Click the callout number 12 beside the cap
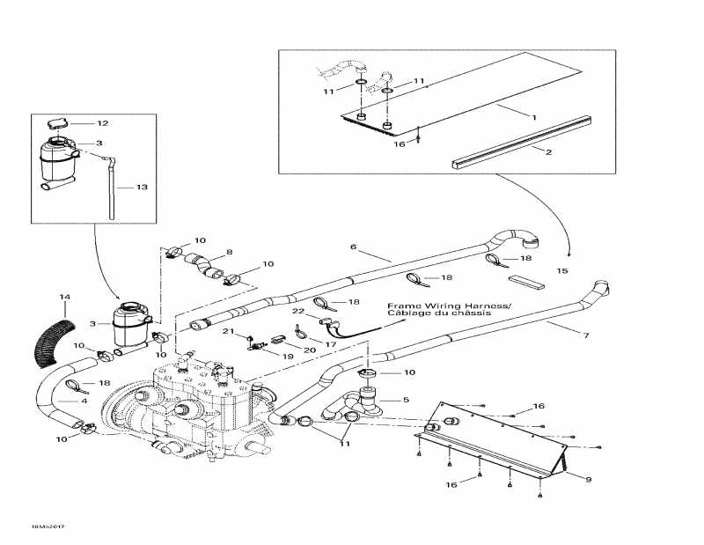102,123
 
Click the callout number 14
63,298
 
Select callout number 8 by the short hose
229,253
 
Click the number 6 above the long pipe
354,247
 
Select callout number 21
227,331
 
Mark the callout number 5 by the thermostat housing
406,400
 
